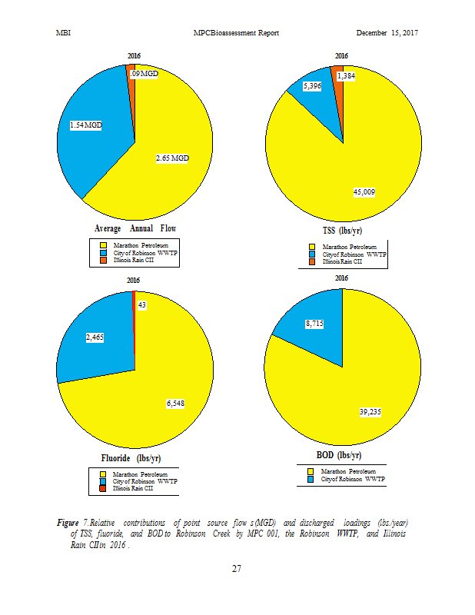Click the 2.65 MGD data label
pos(172,158)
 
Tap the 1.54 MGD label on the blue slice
pos(85,125)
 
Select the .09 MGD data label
pos(144,74)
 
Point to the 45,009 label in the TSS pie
pos(364,191)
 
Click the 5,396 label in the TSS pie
pos(312,86)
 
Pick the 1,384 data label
pos(346,76)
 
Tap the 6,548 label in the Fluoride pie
pos(176,404)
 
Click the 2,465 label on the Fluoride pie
pos(96,337)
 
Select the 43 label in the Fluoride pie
pos(141,305)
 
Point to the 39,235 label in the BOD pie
pos(370,412)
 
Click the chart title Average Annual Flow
pos(135,228)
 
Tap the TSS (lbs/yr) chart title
pos(342,231)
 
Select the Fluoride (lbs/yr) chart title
pos(131,458)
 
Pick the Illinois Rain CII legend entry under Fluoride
pos(133,488)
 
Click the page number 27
pos(237,569)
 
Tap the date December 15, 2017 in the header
pos(387,33)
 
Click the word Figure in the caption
pos(68,523)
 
